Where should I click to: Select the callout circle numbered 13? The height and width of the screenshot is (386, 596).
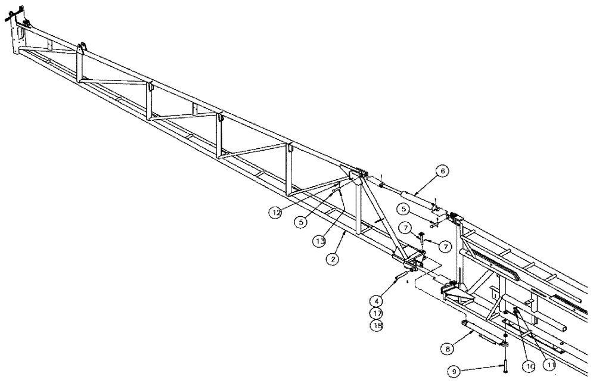tap(320, 241)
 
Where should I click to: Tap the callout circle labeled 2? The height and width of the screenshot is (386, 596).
tap(332, 259)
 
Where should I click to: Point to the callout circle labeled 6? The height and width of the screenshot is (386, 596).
tap(442, 171)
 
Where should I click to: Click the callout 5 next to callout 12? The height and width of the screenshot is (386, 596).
tap(300, 221)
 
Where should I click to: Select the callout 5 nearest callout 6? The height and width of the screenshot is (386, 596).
tap(404, 209)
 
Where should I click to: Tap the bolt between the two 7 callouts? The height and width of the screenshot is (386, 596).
tap(422, 238)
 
